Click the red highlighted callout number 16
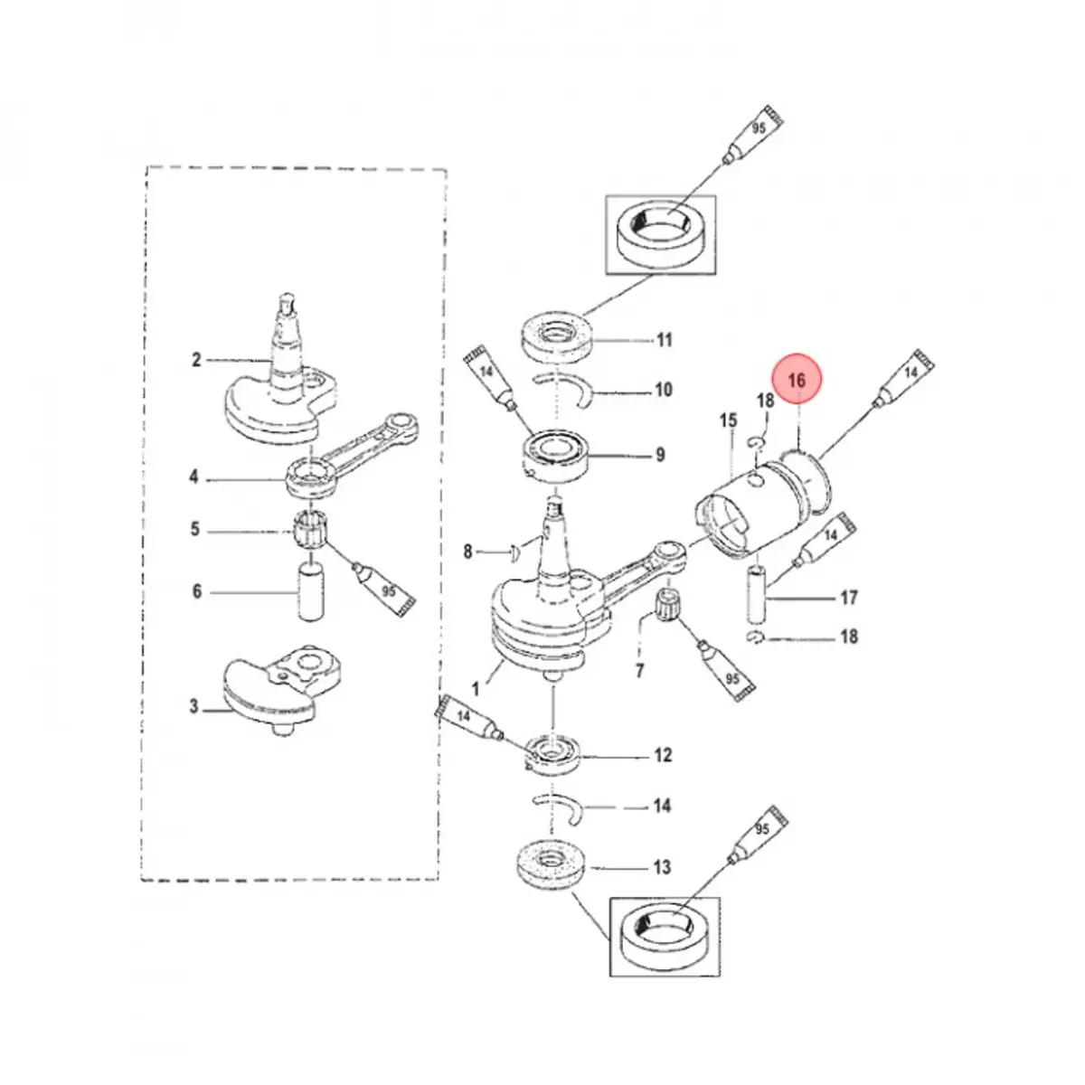tap(796, 382)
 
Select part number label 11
tap(665, 341)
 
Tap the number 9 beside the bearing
tap(660, 455)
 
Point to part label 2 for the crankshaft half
tap(196, 361)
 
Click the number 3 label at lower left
tap(193, 706)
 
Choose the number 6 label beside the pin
tap(196, 592)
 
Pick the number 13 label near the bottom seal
tap(663, 868)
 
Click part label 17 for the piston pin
tap(848, 598)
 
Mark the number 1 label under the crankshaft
tap(476, 689)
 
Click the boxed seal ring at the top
tap(658, 234)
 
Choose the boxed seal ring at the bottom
tap(665, 937)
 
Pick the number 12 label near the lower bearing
tap(663, 755)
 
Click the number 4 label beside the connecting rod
tap(193, 476)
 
